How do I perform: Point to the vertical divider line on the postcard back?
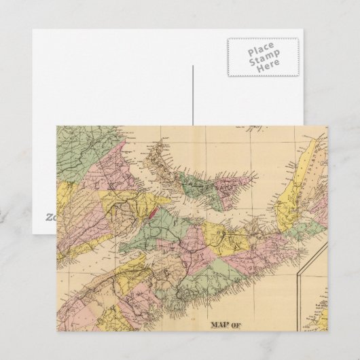click(194, 95)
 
